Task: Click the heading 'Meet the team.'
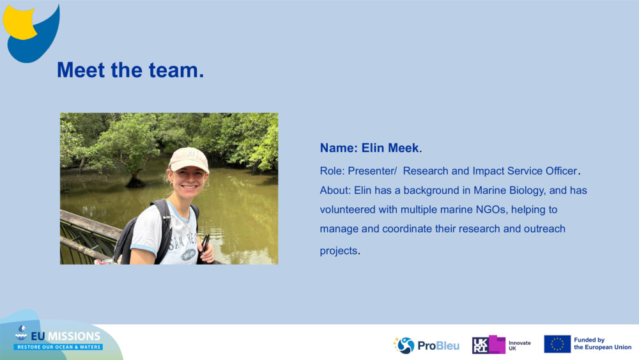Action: (x=130, y=70)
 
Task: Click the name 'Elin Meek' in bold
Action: (x=390, y=148)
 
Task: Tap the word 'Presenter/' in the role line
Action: (x=372, y=171)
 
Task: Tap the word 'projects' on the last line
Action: (x=338, y=251)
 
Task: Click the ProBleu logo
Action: (x=426, y=345)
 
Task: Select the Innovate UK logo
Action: (x=501, y=345)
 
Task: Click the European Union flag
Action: (x=557, y=344)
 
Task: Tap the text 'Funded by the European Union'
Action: (x=603, y=343)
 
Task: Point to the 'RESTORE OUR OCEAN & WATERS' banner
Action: (x=58, y=347)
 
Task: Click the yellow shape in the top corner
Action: (x=19, y=22)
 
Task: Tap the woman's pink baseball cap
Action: (x=189, y=159)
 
